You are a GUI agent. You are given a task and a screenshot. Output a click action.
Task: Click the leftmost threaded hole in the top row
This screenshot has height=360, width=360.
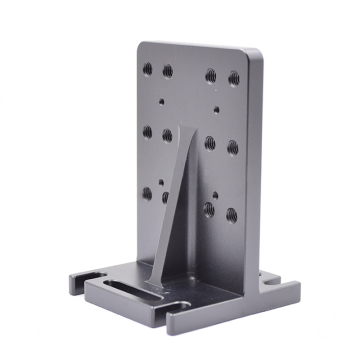pos(149,69)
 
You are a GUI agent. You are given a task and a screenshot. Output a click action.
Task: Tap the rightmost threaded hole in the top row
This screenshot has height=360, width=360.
pos(234,78)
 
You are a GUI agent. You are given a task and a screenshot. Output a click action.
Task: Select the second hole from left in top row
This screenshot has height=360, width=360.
pos(167,71)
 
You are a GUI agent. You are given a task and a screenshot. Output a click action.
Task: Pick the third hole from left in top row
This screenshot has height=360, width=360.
pos(212,75)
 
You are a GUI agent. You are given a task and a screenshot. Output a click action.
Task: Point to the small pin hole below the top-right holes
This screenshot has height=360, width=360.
pos(216,107)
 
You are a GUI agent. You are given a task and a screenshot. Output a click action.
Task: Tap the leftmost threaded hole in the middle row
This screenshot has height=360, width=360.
pos(148,130)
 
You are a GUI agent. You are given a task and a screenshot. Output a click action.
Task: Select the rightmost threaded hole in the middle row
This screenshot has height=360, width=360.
pos(232,147)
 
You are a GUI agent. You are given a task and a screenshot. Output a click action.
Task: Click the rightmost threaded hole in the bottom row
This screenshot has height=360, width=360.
pos(229,214)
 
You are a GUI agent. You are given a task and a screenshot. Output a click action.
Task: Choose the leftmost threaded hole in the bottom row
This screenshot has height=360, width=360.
pos(147,192)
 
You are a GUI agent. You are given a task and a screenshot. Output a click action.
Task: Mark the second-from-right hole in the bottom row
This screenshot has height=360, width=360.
pos(208,209)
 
